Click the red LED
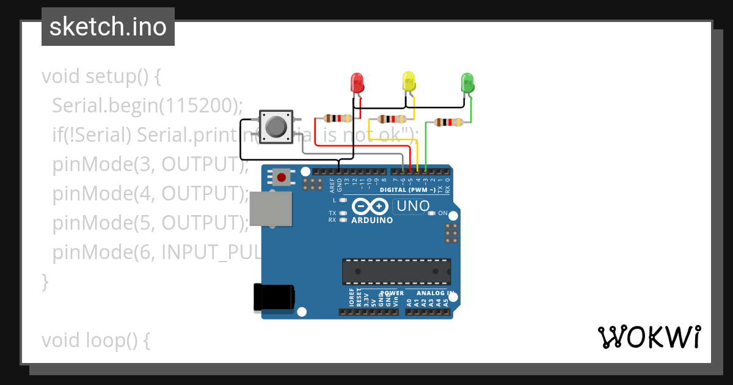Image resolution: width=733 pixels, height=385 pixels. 357,83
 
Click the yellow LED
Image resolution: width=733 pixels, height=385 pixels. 409,81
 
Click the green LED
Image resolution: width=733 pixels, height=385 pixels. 467,82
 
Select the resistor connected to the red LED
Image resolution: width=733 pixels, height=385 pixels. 337,118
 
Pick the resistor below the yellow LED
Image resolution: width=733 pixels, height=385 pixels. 392,119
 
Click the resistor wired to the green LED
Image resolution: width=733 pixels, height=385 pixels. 448,122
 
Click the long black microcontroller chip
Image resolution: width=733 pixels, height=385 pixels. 396,271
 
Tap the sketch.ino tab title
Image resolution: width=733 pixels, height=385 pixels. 108,27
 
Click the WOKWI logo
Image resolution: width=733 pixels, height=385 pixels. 649,337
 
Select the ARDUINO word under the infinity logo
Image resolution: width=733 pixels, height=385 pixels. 373,220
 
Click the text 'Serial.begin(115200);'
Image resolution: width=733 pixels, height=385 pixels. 147,106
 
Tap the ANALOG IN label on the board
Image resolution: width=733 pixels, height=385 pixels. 434,293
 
